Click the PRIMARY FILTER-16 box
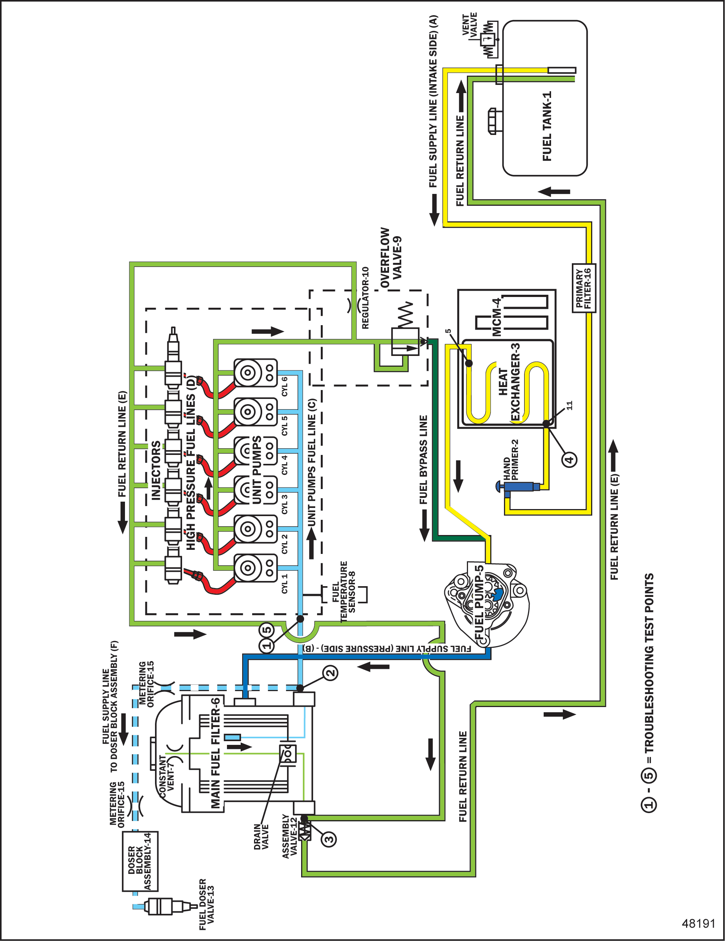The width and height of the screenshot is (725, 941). pos(584,288)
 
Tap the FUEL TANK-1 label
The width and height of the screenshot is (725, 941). pos(547,126)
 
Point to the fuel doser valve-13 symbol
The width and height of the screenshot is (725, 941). pos(164,906)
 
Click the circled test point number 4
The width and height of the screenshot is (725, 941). pos(569,459)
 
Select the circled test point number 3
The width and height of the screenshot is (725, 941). pos(329,839)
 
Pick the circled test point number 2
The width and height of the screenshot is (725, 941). pos(330,673)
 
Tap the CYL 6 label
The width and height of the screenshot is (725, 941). pos(284,386)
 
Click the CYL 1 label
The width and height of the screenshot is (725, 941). pos(284,583)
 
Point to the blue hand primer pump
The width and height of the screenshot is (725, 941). pos(517,487)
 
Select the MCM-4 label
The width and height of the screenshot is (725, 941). pos(497,317)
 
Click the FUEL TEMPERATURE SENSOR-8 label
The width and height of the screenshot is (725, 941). pos(347,591)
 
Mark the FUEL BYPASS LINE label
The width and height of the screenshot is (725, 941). pos(423,460)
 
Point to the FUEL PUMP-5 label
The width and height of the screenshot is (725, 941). pos(479,602)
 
